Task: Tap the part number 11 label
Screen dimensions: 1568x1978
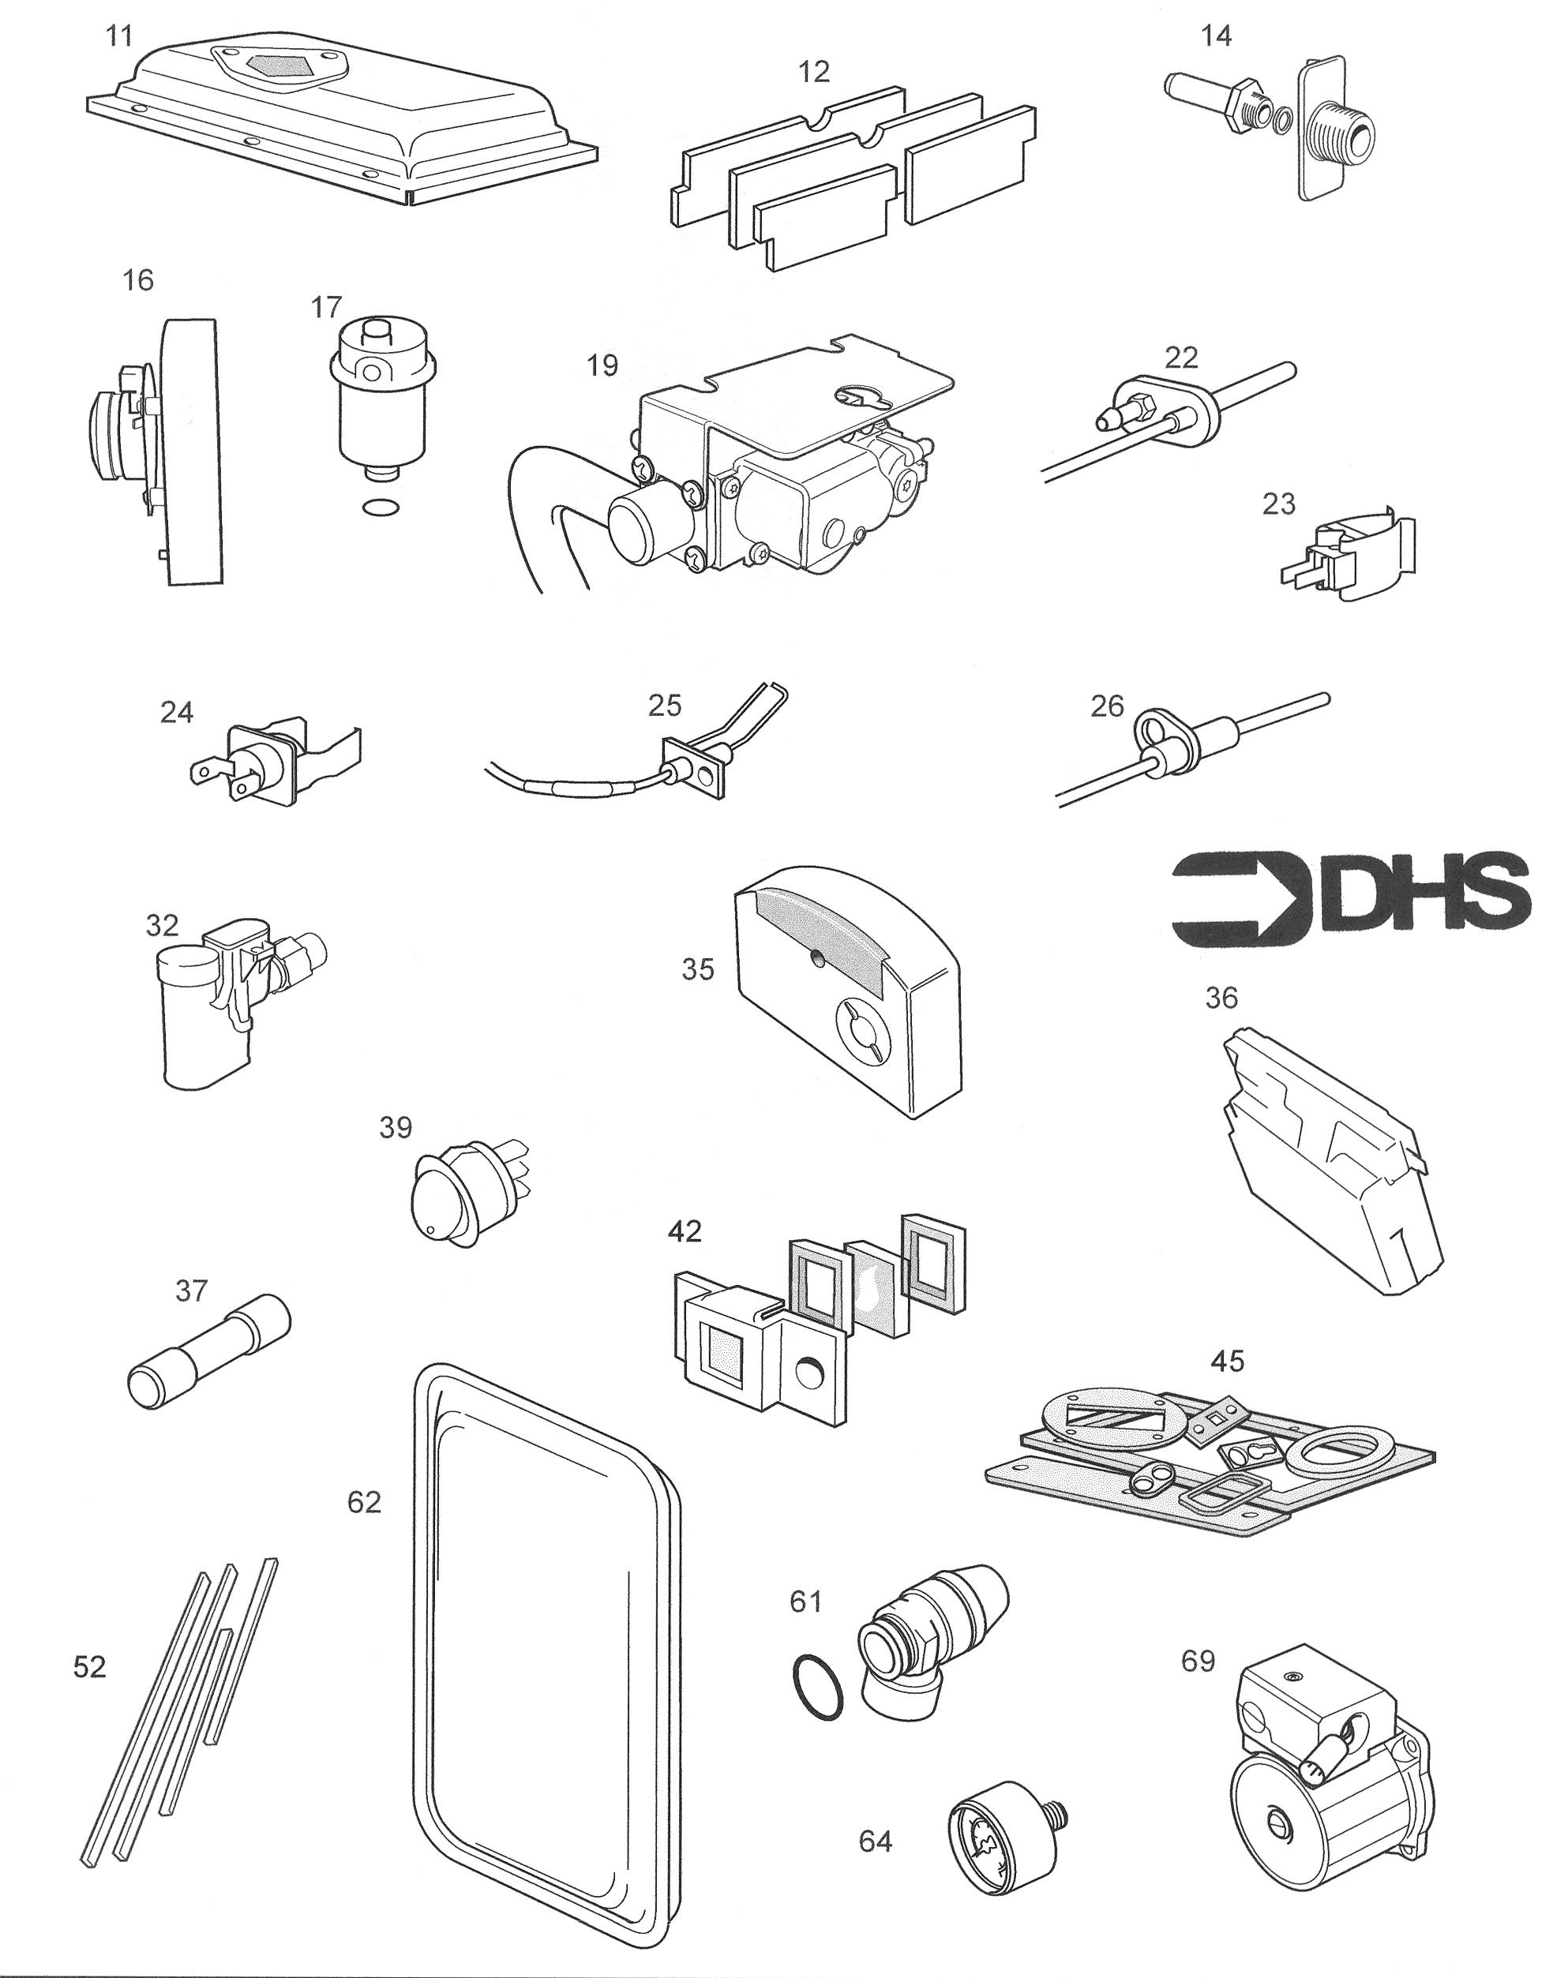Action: point(119,36)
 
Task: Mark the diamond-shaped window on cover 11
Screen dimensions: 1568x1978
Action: point(276,66)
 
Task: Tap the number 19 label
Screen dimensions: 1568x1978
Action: point(602,365)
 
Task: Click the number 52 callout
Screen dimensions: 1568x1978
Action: point(89,1665)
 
